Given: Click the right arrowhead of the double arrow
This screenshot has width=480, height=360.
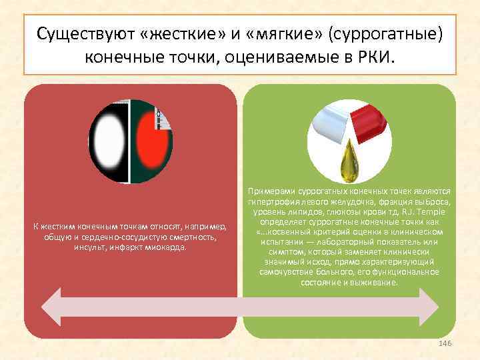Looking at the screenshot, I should click(427, 305).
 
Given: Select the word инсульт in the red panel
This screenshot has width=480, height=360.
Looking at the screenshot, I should click(89, 247).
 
